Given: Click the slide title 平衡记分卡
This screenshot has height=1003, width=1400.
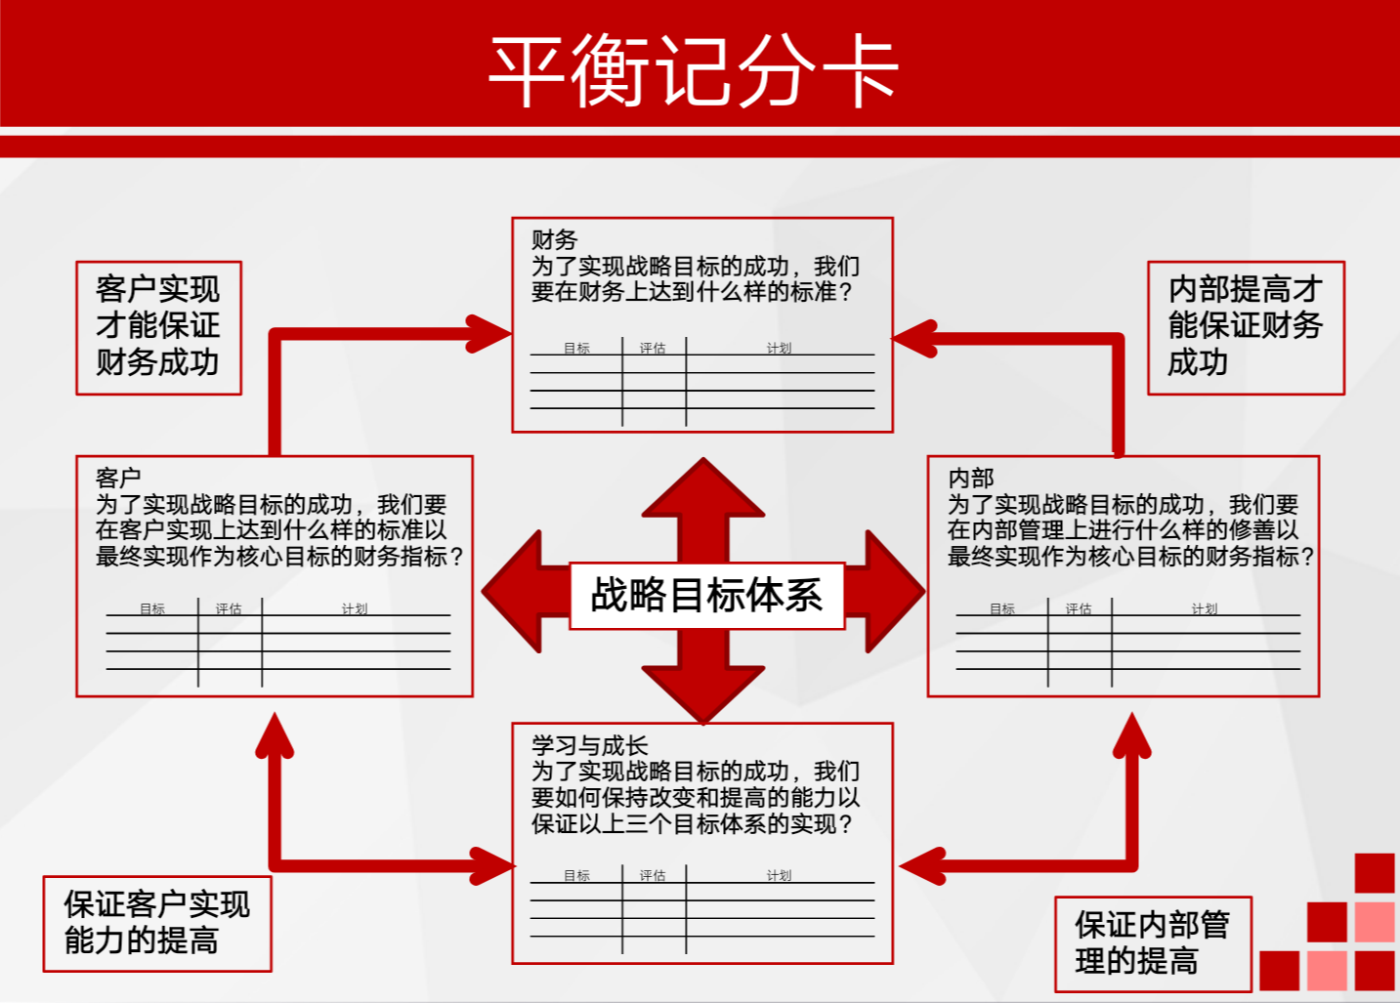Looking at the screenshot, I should click(694, 70).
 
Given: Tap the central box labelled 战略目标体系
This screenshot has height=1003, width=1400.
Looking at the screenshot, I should click(706, 595).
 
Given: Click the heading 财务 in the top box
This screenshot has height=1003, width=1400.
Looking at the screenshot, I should click(554, 239).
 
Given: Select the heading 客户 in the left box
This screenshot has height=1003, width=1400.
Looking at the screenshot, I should click(118, 478).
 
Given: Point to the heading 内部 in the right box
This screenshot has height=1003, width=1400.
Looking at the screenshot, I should click(970, 478).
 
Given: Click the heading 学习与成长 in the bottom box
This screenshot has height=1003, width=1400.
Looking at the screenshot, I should click(589, 745).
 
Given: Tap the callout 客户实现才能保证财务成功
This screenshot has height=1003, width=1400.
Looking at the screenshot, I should click(158, 327).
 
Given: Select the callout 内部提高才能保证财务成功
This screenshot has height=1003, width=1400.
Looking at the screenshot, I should click(1245, 327).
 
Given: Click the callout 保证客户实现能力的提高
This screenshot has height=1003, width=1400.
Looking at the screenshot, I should click(156, 923).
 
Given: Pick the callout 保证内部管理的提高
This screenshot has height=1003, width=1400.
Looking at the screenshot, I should click(1152, 943).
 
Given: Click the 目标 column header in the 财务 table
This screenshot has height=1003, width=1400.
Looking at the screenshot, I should click(576, 348).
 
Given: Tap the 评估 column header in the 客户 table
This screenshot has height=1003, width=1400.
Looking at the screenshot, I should click(229, 608).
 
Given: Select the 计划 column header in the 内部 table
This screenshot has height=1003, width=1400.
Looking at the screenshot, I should click(1204, 608).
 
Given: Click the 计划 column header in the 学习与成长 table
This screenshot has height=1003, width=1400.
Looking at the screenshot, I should click(779, 875).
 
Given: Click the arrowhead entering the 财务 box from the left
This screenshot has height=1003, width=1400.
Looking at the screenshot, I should click(488, 334).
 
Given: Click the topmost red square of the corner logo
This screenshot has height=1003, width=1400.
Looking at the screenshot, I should click(1374, 873).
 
